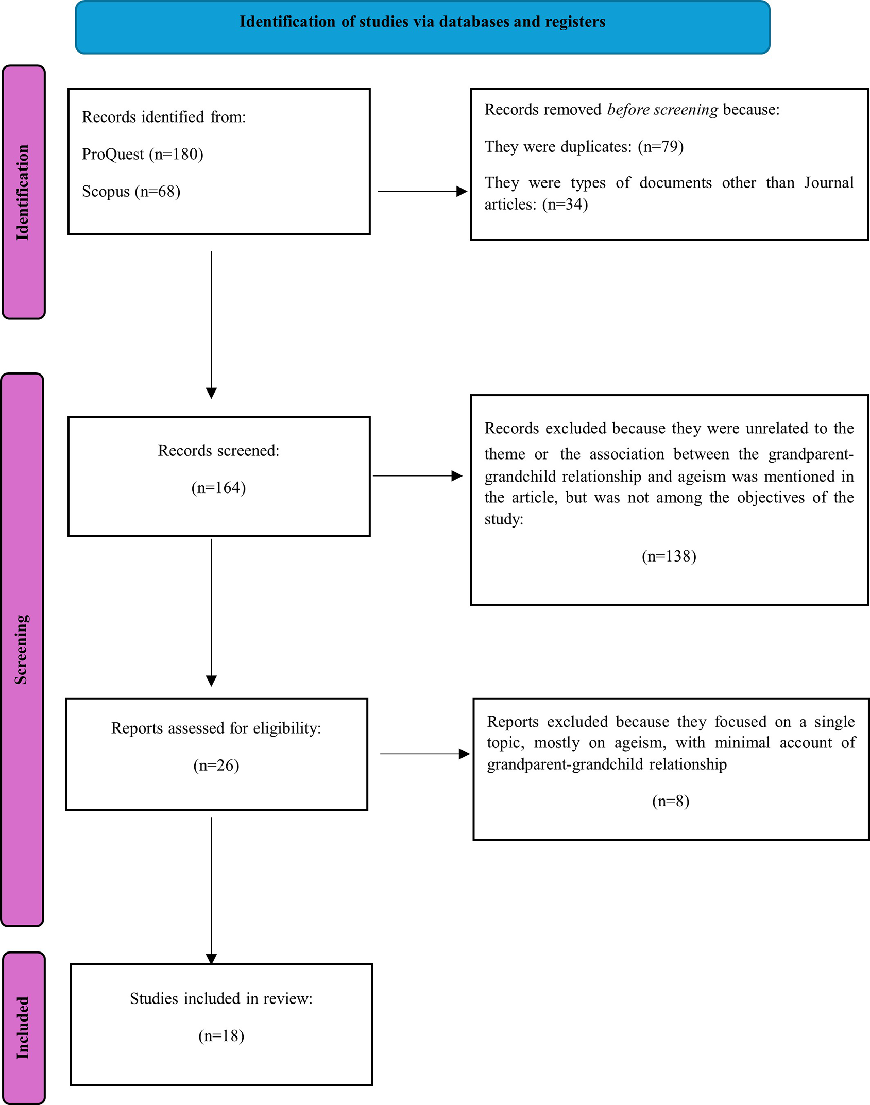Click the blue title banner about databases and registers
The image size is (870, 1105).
(x=422, y=27)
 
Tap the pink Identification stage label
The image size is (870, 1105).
(x=24, y=192)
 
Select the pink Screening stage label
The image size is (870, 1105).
(x=22, y=650)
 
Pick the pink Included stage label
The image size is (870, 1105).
(x=24, y=1028)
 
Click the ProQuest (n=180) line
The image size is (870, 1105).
(x=143, y=154)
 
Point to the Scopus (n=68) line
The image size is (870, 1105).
(x=131, y=191)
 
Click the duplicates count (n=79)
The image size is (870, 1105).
(x=661, y=147)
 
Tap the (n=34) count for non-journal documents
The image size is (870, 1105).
(x=565, y=205)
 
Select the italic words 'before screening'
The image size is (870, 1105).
(x=662, y=110)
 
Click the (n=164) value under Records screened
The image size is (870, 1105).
(x=218, y=487)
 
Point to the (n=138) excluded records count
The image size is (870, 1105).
(x=669, y=556)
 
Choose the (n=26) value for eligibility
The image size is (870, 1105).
(x=216, y=765)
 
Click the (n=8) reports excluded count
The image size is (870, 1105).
(x=671, y=801)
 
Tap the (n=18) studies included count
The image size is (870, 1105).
(x=221, y=1035)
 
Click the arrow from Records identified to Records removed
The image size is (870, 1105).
(x=422, y=191)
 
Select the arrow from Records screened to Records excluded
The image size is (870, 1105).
(x=418, y=476)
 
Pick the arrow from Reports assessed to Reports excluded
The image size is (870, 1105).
(x=425, y=754)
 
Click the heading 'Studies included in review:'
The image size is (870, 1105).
(x=221, y=998)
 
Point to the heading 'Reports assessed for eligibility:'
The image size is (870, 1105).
(x=216, y=728)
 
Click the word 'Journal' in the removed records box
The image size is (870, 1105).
(x=829, y=183)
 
